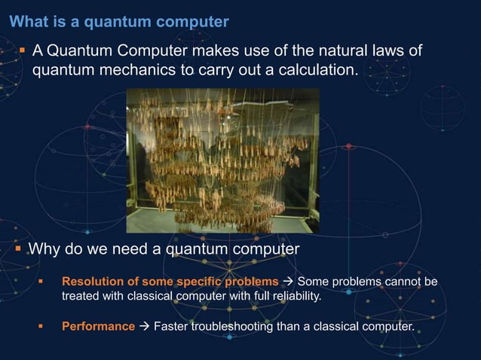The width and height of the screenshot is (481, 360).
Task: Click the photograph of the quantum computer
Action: [x=222, y=160]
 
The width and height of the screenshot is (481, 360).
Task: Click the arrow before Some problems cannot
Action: [x=289, y=282]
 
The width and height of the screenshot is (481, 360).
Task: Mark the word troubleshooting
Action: [x=237, y=327]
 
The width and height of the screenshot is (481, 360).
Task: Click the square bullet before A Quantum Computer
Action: [x=23, y=51]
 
